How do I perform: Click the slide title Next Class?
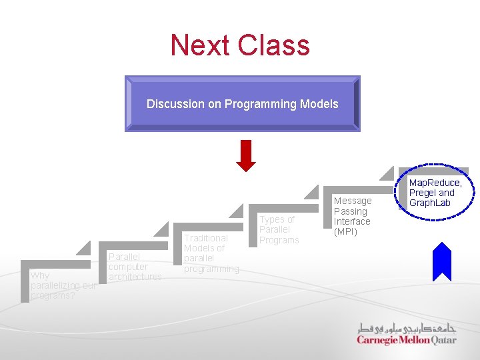[240, 45]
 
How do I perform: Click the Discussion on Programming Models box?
[242, 103]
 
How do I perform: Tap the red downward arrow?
[247, 155]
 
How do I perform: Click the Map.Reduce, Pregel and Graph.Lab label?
[435, 193]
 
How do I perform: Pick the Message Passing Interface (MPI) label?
[353, 216]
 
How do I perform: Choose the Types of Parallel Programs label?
[279, 229]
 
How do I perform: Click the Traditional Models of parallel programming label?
[211, 253]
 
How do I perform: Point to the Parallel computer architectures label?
[135, 267]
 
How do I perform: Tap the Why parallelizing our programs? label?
[63, 285]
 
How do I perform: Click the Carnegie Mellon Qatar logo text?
[406, 340]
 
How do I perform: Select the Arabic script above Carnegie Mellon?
[406, 328]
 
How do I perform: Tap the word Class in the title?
[275, 45]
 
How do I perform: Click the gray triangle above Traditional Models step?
[237, 211]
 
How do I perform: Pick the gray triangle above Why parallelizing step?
[83, 248]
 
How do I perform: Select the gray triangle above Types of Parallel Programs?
[311, 193]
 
